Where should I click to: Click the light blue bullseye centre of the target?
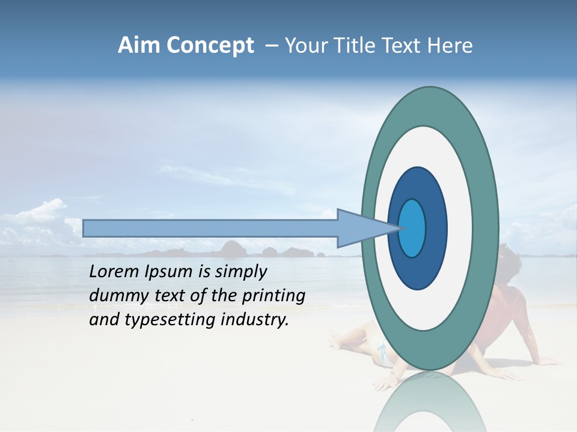coord(412,228)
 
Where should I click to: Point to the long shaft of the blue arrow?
coord(210,228)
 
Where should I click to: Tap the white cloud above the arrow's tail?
coord(45,213)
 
